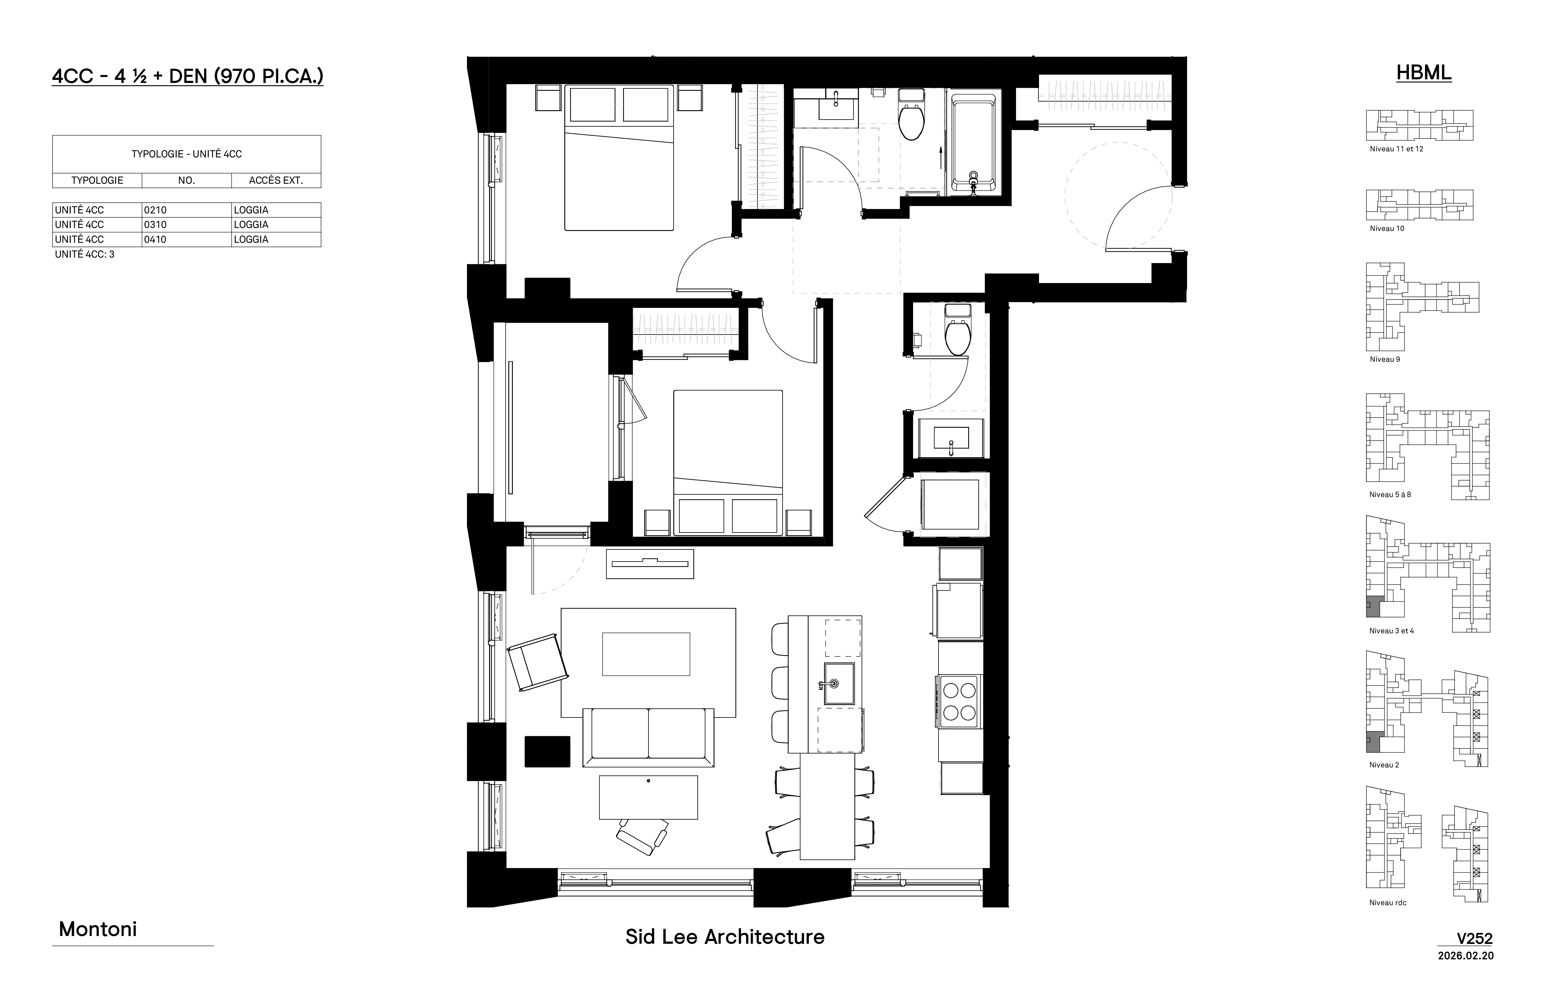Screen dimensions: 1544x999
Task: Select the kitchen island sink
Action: click(x=839, y=683)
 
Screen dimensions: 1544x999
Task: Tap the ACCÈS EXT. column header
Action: click(x=276, y=180)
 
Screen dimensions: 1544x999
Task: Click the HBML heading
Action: click(x=1424, y=73)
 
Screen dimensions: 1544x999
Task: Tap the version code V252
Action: click(x=1475, y=939)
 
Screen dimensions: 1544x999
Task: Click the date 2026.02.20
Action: click(x=1466, y=955)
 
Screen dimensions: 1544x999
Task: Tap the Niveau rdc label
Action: click(x=1388, y=902)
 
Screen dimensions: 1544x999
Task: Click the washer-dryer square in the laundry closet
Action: click(x=950, y=505)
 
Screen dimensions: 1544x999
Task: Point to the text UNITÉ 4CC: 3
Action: click(x=84, y=254)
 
